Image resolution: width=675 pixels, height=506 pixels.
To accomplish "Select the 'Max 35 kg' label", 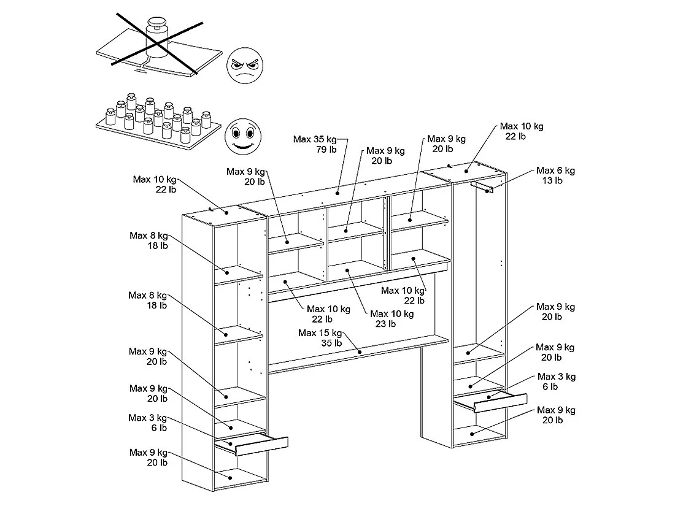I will click(314, 139).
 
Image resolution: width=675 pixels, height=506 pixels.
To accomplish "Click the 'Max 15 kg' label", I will click(319, 333).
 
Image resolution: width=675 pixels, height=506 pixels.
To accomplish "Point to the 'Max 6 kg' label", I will click(555, 171).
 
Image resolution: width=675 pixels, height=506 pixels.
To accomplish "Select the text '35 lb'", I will click(331, 343).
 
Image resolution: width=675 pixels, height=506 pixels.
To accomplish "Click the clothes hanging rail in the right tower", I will click(482, 186).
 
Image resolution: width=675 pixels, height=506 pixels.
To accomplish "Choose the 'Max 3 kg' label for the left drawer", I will click(147, 418).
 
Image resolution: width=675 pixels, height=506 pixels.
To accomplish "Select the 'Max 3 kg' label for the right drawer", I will click(557, 377).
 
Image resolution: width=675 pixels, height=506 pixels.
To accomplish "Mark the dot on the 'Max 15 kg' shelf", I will click(360, 352).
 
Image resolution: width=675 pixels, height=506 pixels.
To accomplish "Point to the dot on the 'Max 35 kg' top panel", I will click(337, 193).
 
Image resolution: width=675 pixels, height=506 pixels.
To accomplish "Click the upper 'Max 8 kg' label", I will click(148, 236).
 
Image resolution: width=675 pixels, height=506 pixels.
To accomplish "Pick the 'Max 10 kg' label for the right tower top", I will click(522, 126).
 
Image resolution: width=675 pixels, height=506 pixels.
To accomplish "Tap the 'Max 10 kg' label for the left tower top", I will click(155, 180).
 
